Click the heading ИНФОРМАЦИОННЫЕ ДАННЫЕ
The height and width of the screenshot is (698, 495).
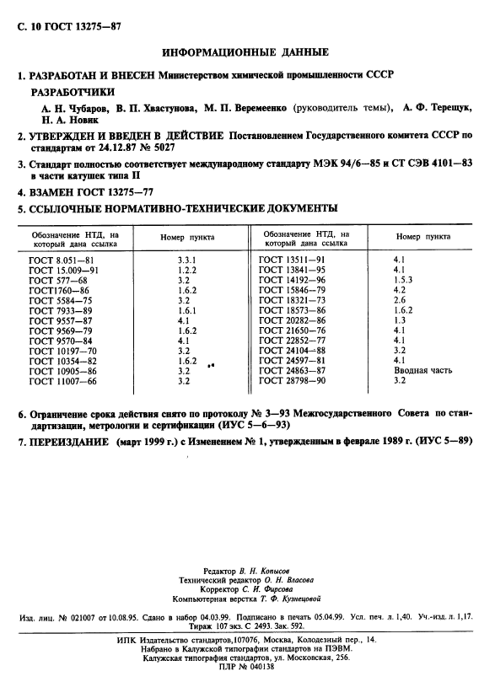tap(248, 52)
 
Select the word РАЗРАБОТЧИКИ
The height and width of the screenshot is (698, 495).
tap(73, 92)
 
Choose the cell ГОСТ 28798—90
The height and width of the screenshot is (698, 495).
tap(292, 380)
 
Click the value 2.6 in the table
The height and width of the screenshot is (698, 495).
tap(401, 300)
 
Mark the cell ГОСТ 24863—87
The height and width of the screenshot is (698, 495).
tap(292, 370)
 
